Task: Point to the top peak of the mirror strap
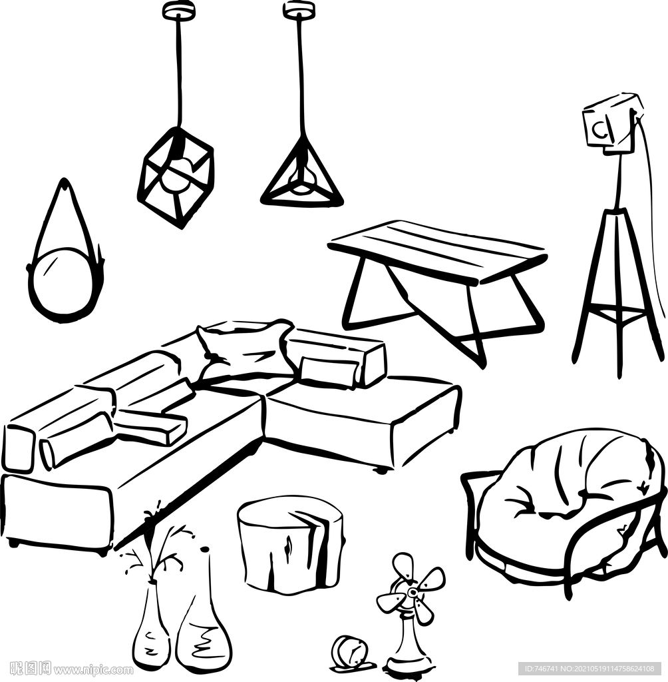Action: (x=65, y=180)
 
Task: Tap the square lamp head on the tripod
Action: (x=611, y=123)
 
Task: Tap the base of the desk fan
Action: (x=409, y=666)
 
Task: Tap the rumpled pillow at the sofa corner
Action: (x=244, y=348)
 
